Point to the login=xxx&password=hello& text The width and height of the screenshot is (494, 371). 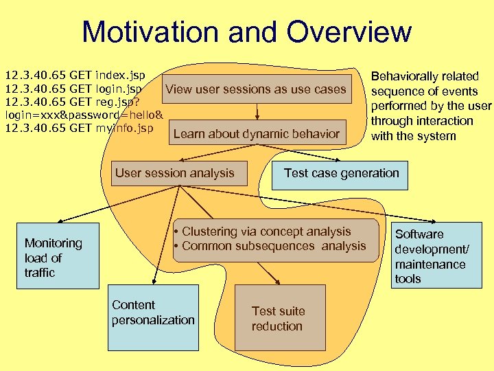click(x=83, y=115)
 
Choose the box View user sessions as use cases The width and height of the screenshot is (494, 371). click(x=256, y=89)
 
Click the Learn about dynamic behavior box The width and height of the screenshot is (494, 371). click(x=257, y=134)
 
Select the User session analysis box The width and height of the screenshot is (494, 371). click(x=175, y=174)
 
